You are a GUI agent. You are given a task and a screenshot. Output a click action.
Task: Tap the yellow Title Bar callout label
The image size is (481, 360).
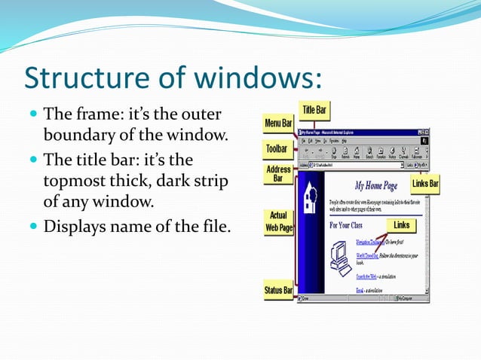(x=314, y=111)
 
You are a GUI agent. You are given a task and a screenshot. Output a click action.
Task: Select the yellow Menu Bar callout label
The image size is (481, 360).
(x=278, y=123)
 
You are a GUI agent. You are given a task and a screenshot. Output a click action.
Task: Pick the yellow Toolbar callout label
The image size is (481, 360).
(x=277, y=149)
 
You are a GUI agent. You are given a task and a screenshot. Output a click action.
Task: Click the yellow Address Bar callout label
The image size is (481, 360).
(x=278, y=175)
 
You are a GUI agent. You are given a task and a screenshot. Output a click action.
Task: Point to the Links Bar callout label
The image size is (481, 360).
(x=425, y=184)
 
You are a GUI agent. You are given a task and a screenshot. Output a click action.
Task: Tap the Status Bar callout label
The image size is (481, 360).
(x=278, y=290)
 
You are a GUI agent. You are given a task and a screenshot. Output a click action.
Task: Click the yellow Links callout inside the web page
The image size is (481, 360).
(x=401, y=225)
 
